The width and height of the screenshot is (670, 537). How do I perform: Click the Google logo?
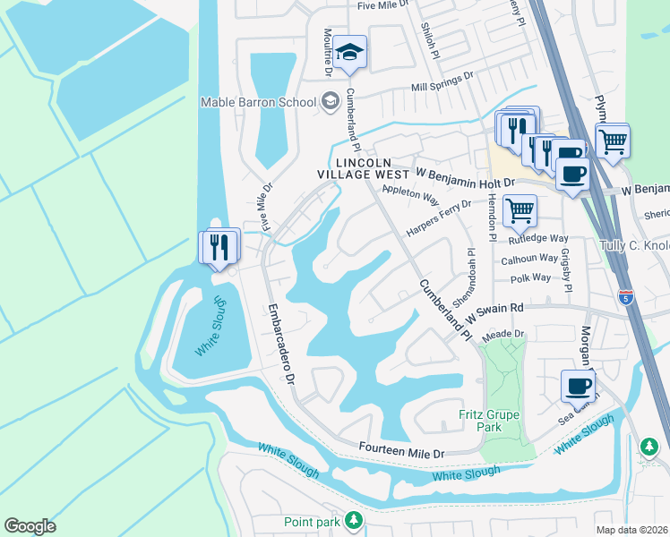(30, 526)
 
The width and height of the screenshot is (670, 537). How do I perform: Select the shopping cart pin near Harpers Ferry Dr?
(520, 212)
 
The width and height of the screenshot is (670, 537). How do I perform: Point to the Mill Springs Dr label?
(441, 82)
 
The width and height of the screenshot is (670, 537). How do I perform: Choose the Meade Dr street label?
(502, 335)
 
